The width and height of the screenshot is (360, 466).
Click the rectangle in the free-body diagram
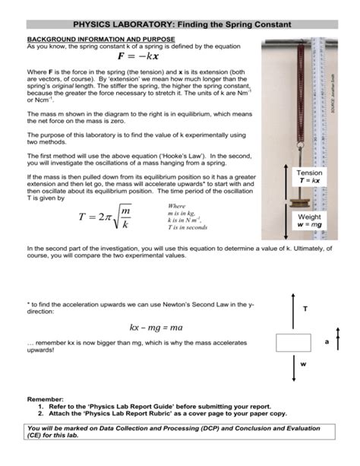294,342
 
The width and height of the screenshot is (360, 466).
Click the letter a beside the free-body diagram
327,342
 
